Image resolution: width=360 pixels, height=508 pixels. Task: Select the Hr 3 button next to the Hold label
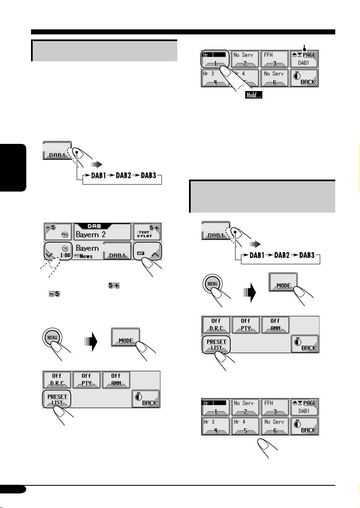point(215,77)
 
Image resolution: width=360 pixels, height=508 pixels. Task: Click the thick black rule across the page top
point(184,32)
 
